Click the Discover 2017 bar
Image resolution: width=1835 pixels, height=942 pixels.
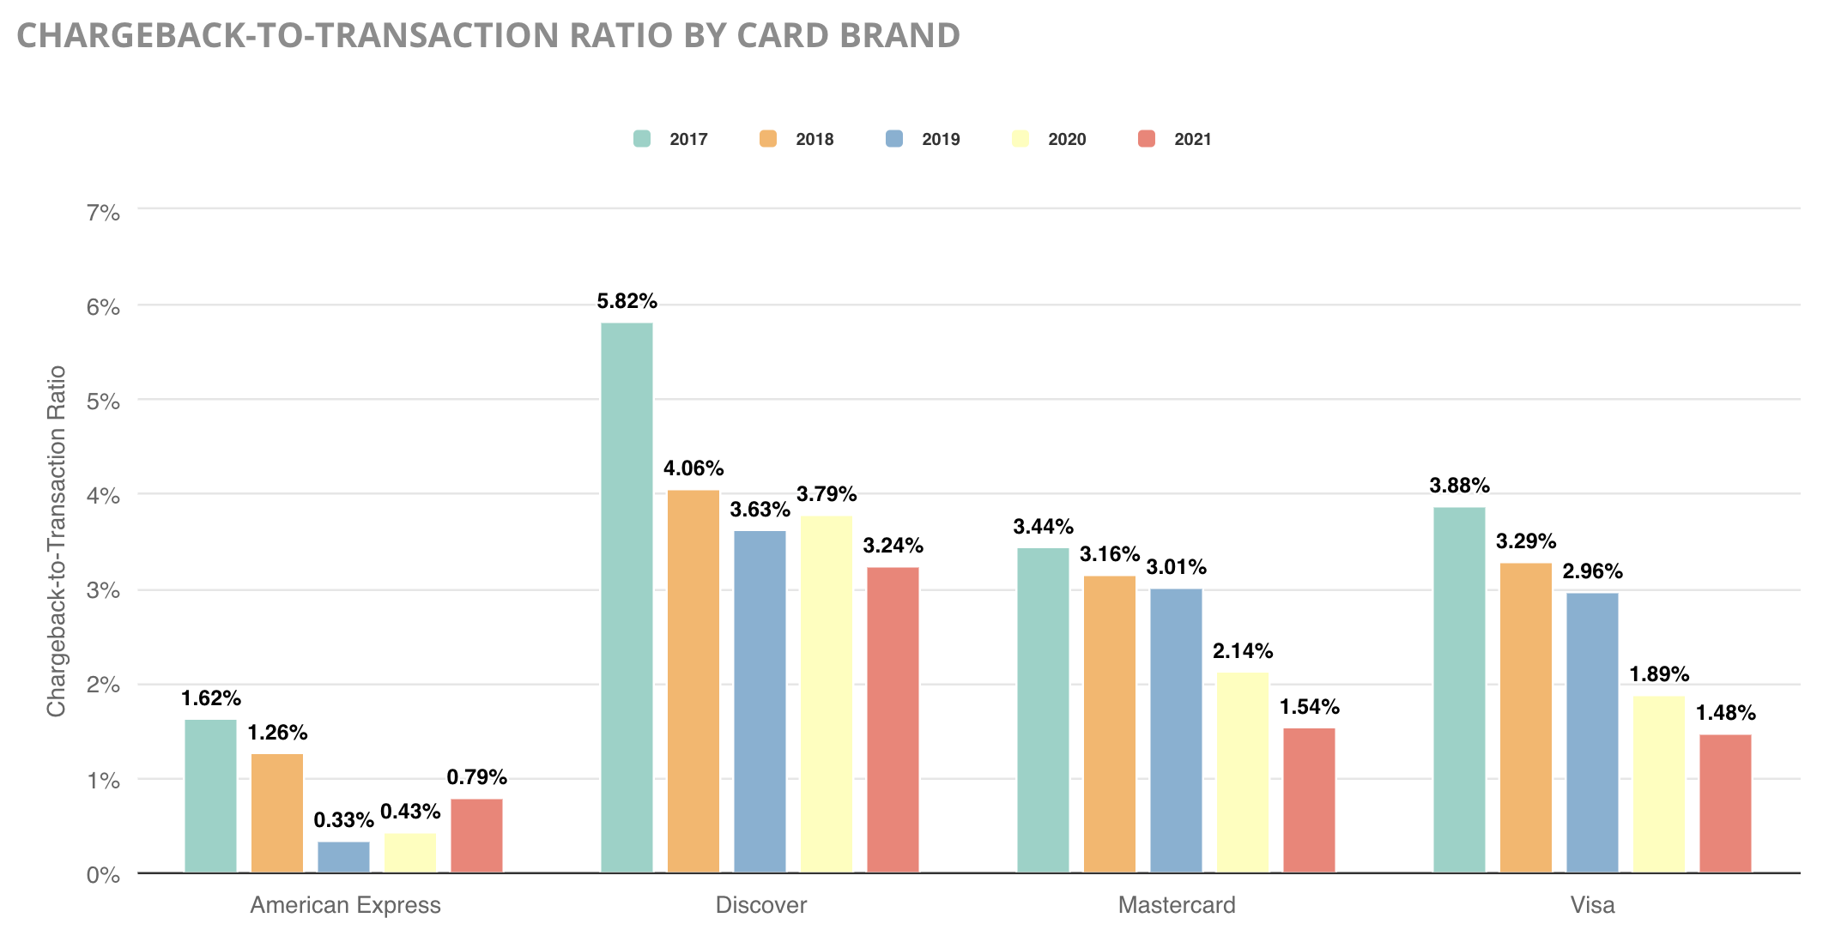coord(627,598)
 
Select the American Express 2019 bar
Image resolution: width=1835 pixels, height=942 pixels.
coord(343,857)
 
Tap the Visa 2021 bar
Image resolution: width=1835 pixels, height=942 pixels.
coord(1725,803)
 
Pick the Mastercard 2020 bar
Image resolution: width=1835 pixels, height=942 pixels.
coord(1242,772)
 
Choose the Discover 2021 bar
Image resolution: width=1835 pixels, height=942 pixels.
coord(893,720)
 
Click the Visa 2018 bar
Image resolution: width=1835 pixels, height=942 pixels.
coord(1525,717)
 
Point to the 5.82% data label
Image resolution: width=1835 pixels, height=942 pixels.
coord(627,301)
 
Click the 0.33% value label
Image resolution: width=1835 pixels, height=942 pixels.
coord(343,820)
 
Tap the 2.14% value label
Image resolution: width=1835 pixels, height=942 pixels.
coord(1242,651)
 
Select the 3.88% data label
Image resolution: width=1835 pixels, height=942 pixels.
coord(1459,486)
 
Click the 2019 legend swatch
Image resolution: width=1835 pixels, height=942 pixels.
coord(894,139)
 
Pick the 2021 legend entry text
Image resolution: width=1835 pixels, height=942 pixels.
coord(1192,139)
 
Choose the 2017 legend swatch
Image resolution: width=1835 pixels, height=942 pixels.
coord(642,139)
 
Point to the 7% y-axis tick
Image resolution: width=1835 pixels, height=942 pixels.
coord(103,212)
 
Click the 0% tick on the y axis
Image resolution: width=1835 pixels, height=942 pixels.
coord(103,875)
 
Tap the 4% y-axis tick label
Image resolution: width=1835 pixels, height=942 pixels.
coord(103,496)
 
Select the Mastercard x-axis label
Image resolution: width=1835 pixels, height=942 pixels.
coord(1176,905)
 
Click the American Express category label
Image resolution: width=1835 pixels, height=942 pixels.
coord(345,905)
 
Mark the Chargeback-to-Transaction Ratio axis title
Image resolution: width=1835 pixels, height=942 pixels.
coord(57,540)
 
